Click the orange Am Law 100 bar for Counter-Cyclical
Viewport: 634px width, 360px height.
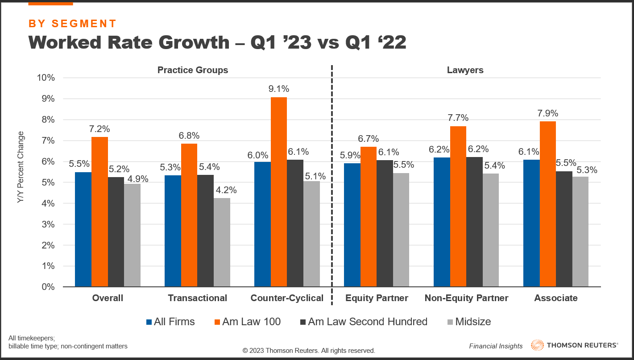279,192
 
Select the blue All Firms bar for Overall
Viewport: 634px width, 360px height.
83,229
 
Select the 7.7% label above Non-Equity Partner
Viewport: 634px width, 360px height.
458,118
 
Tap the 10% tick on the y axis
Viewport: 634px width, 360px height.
45,78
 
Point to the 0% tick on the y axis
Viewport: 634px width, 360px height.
47,287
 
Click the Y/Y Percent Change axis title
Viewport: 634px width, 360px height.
21,168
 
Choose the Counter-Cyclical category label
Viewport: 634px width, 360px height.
287,298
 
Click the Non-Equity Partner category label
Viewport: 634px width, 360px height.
466,298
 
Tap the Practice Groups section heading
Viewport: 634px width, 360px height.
192,70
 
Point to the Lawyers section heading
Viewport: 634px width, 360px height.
465,70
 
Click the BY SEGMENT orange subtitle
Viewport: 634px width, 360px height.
72,24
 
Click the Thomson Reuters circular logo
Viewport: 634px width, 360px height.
537,345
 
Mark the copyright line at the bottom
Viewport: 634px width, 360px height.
309,351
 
